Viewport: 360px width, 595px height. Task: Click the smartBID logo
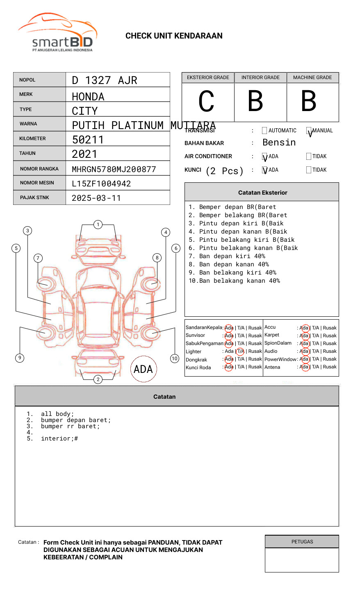coord(57,33)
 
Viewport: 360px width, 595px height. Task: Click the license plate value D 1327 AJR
coord(105,80)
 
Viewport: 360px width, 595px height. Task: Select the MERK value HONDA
coord(88,97)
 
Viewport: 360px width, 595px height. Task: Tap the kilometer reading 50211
coord(88,140)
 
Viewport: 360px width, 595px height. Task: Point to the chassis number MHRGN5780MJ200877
coord(114,169)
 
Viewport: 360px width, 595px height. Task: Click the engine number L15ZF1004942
coord(101,184)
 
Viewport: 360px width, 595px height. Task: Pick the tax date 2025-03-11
coord(96,198)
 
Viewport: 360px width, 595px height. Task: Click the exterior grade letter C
coord(206,101)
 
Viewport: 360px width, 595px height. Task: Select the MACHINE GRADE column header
coord(312,77)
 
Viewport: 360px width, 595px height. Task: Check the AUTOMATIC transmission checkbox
coord(264,131)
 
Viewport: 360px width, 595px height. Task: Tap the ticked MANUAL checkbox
coord(309,131)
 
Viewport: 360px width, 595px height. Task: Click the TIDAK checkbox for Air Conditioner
coord(309,157)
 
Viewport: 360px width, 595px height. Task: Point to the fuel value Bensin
coord(279,143)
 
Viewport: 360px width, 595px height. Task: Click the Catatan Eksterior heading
coord(262,193)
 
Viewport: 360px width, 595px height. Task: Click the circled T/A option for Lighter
coord(240,351)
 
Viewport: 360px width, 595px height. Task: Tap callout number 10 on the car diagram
coord(175,359)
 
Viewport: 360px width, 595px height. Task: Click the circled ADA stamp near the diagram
coord(143,369)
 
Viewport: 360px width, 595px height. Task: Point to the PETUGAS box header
coord(302,542)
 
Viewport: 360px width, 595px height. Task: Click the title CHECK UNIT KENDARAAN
coord(174,36)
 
